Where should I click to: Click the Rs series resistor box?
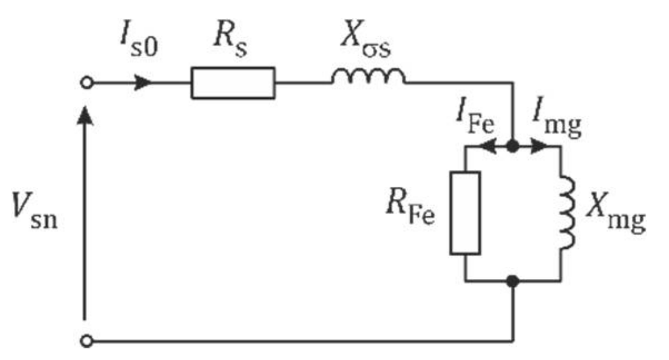pyautogui.click(x=233, y=83)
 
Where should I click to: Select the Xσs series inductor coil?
pyautogui.click(x=368, y=78)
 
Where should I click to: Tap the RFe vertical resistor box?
pyautogui.click(x=465, y=213)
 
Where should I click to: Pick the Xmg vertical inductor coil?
pyautogui.click(x=567, y=213)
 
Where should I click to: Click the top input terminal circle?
pyautogui.click(x=86, y=83)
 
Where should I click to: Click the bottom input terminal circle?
pyautogui.click(x=86, y=340)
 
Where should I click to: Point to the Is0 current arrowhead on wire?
pyautogui.click(x=143, y=83)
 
